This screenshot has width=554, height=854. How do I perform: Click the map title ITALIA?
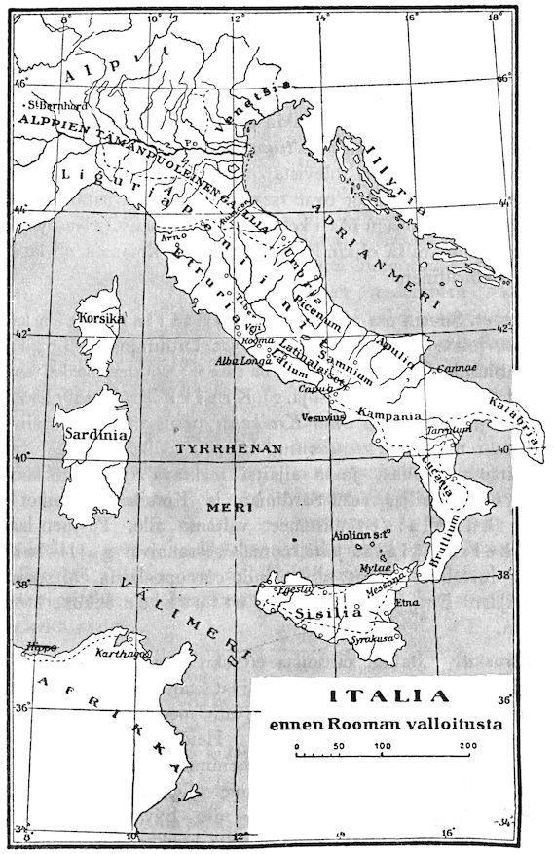pos(389,696)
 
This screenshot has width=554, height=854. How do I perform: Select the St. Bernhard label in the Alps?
pos(53,102)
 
